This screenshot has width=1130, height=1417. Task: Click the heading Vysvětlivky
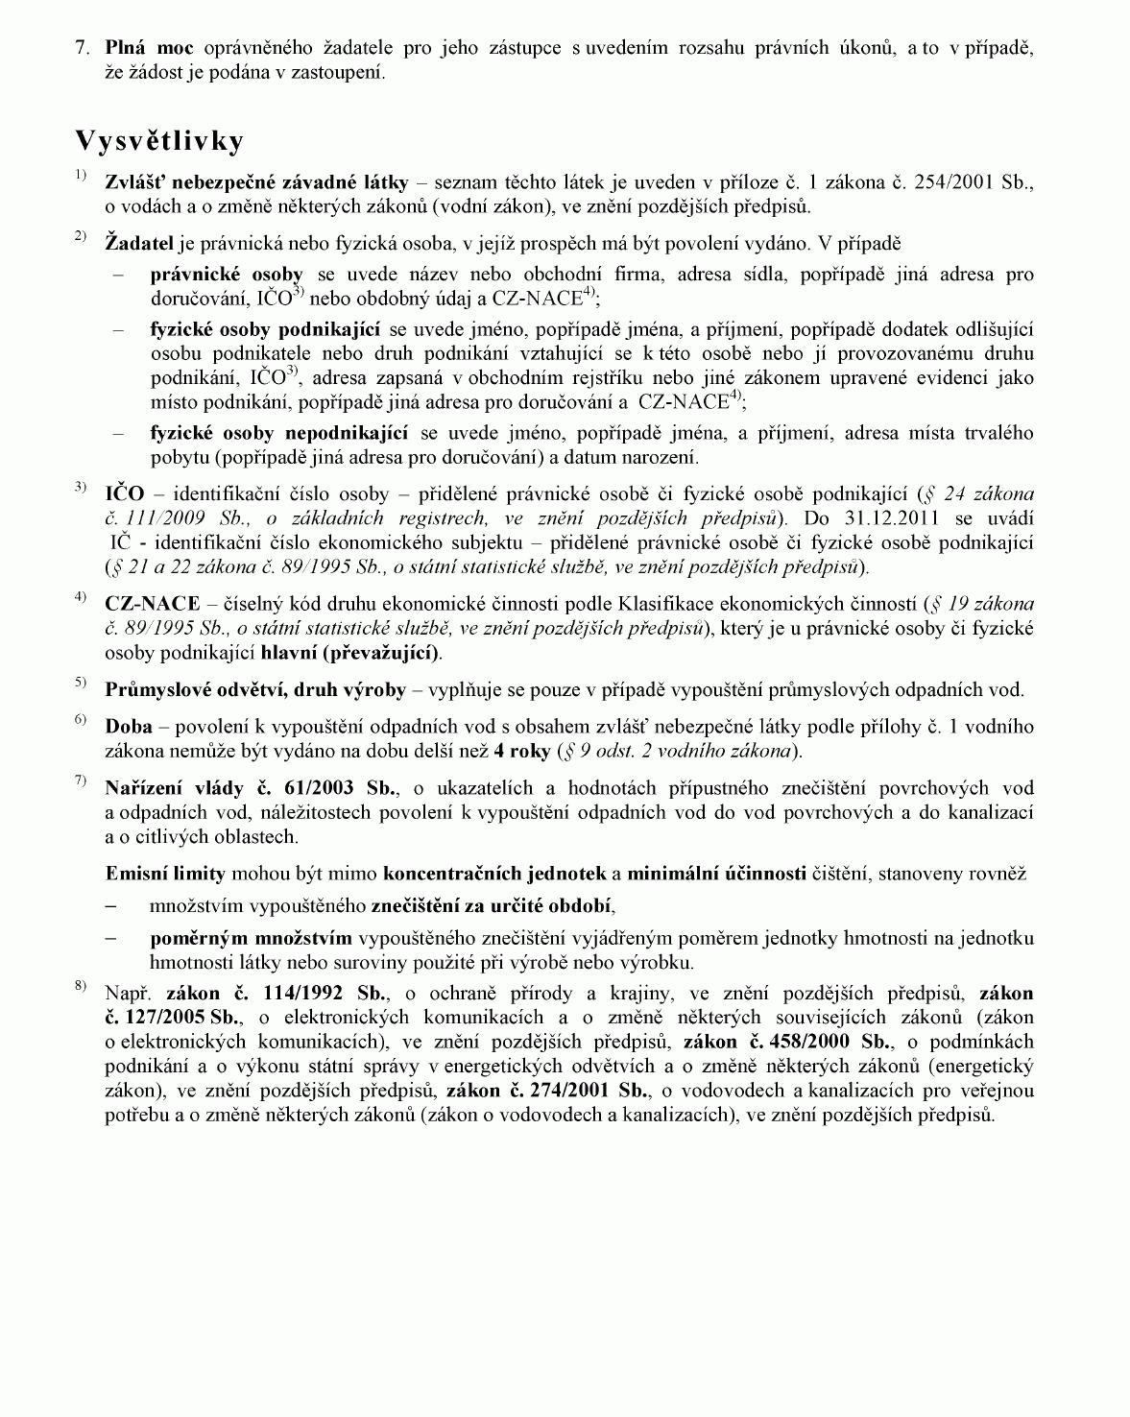[x=159, y=141]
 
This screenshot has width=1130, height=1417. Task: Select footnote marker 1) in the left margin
[x=81, y=175]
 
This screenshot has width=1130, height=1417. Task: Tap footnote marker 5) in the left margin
[x=81, y=683]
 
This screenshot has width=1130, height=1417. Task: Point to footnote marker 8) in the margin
[x=81, y=986]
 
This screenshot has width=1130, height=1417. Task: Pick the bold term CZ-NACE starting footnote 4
[x=153, y=605]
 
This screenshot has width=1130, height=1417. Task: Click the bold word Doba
[x=129, y=727]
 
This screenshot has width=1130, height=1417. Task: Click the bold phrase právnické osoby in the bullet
[x=227, y=275]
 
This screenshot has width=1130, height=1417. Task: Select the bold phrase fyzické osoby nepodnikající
[x=279, y=433]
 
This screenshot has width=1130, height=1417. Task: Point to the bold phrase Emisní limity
[x=165, y=874]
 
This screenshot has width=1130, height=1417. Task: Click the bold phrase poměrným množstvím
[x=251, y=938]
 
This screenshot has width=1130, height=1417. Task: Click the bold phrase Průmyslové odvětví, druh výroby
[x=255, y=689]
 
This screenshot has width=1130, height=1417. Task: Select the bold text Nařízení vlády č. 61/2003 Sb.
[x=251, y=788]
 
